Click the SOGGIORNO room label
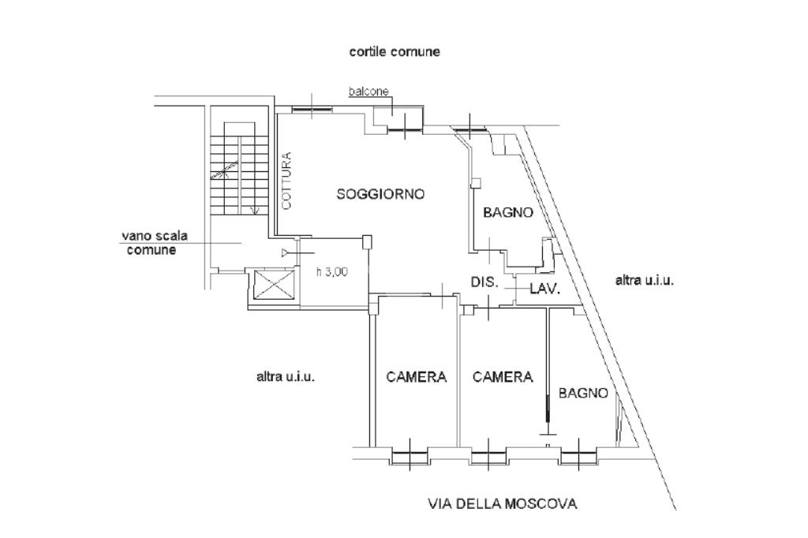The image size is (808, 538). [x=380, y=194]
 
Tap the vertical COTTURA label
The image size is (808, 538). [x=287, y=181]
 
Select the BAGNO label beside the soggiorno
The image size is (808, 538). [x=508, y=212]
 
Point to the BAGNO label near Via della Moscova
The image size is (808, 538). [x=583, y=393]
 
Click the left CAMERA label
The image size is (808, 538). [x=417, y=377]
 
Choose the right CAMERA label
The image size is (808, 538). [x=503, y=377]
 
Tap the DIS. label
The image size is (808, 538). [x=485, y=282]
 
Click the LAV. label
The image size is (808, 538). [x=545, y=289]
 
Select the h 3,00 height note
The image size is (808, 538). [x=332, y=271]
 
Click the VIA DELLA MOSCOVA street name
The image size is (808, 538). [x=503, y=503]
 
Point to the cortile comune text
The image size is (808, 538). [x=395, y=51]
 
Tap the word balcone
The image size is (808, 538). [x=368, y=92]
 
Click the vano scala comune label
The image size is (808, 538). [x=155, y=243]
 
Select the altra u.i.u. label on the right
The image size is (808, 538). [x=645, y=281]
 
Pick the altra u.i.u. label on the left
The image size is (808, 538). [x=286, y=377]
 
